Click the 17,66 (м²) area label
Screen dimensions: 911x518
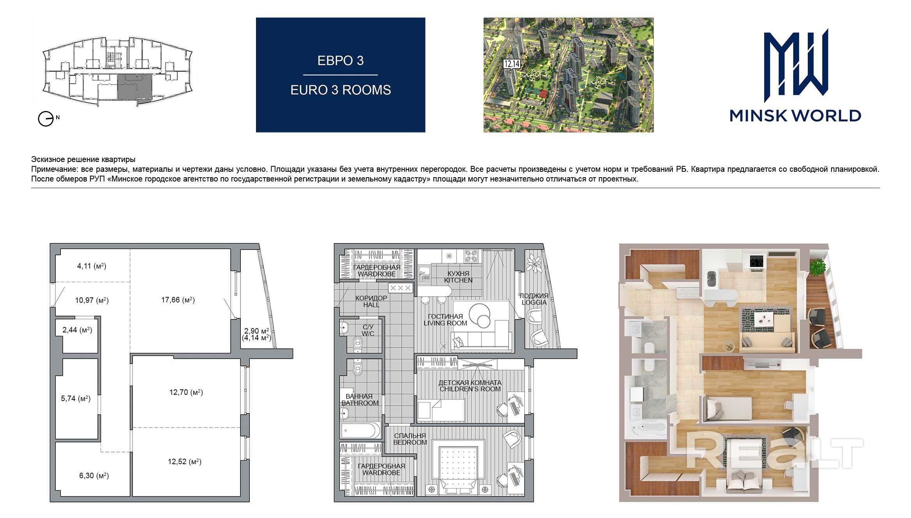[178, 300]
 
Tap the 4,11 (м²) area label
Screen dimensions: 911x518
[92, 266]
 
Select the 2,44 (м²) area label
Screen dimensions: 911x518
[77, 330]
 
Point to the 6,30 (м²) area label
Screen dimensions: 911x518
[92, 476]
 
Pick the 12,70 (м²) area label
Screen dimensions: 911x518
[186, 392]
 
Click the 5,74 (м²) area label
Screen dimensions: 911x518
[76, 399]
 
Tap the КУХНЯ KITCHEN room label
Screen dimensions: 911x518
[458, 277]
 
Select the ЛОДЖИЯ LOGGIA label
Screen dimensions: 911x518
[534, 299]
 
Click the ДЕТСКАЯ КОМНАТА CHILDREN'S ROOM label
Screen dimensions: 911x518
[470, 386]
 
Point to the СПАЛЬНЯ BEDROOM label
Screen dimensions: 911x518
[410, 439]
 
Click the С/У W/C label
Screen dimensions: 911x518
[368, 331]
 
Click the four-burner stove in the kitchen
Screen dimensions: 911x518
[472, 256]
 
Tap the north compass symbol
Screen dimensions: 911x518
[46, 119]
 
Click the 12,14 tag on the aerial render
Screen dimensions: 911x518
[512, 64]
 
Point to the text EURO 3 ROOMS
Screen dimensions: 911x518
[341, 90]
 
